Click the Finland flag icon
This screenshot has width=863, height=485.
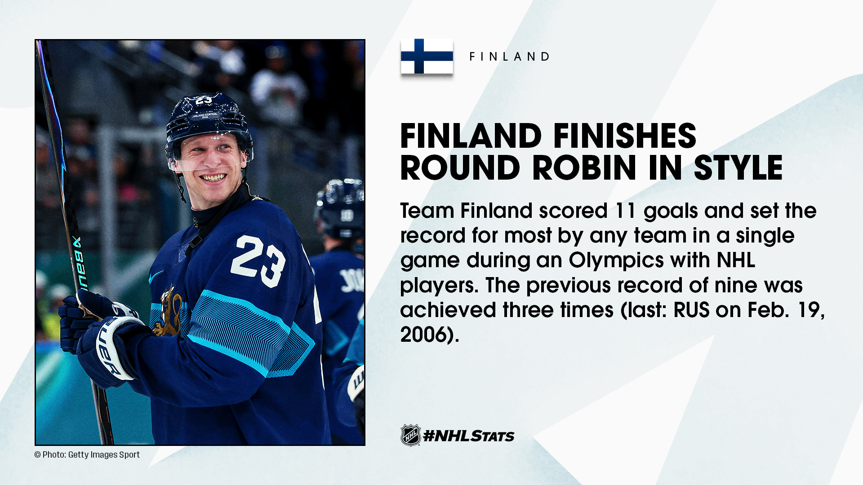point(427,56)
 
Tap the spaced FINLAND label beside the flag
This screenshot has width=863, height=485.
point(510,57)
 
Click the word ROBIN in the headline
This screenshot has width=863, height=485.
point(584,168)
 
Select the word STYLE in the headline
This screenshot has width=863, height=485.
point(738,168)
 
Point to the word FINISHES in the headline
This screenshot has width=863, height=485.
point(624,136)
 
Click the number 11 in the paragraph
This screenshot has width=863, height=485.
point(626,211)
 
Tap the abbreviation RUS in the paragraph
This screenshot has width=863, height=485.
point(692,310)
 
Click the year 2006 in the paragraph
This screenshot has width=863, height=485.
point(425,335)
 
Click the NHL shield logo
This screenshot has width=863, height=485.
point(410,435)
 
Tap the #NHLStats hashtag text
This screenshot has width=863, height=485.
point(469,436)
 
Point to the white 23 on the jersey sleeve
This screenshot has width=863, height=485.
point(258,261)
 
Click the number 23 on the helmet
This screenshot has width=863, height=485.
point(204,100)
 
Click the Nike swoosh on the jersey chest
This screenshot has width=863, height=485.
point(156,276)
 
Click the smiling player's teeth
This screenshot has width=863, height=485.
point(213,178)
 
